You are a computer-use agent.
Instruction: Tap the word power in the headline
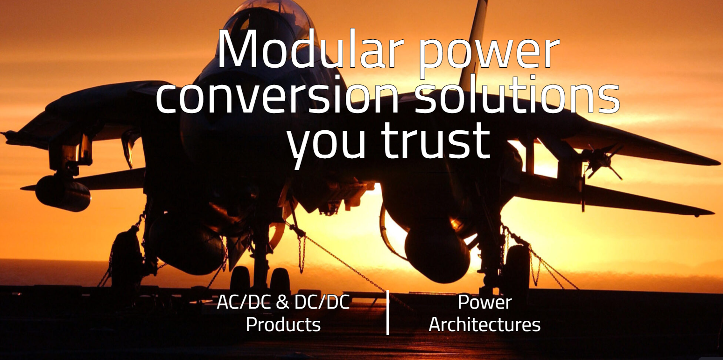point(489,56)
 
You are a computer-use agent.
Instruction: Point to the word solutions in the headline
point(517,94)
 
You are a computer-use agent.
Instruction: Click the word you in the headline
point(326,145)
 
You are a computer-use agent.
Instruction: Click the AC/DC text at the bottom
point(243,302)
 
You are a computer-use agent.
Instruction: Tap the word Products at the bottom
point(283,324)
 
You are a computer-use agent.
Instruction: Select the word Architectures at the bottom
point(484,324)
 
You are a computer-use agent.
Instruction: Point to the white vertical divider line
point(388,312)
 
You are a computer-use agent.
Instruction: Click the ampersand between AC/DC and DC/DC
point(282,302)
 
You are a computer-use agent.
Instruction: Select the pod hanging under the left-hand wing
point(63,193)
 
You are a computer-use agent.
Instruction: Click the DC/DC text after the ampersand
point(322,302)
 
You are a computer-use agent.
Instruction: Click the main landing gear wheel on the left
point(126,258)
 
